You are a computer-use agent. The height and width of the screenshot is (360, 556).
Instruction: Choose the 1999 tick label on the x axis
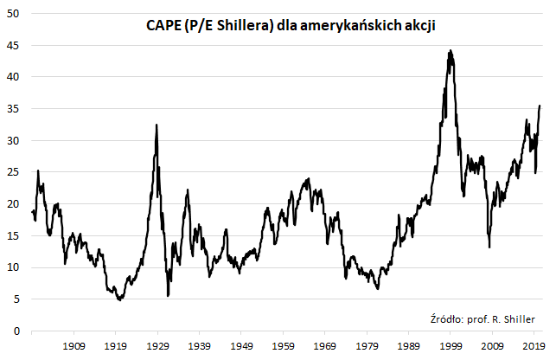point(451,346)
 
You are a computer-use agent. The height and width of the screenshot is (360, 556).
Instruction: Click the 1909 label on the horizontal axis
point(73,346)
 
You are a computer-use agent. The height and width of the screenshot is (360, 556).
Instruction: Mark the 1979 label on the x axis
point(367,346)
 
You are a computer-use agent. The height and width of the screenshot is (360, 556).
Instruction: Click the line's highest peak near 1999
point(450,51)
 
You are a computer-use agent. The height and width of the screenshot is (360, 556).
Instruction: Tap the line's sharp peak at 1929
point(157,125)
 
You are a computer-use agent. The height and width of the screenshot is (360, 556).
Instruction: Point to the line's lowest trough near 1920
point(120,299)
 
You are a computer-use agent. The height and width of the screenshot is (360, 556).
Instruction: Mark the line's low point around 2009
point(489,247)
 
